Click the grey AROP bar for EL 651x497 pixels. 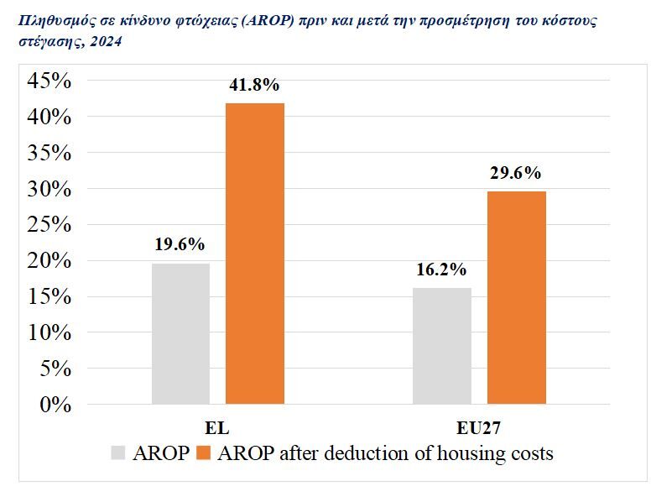tap(180, 334)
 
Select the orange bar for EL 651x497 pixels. tap(255, 254)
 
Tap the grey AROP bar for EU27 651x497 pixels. tap(442, 346)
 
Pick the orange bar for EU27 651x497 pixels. tap(516, 298)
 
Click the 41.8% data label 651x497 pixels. tap(253, 86)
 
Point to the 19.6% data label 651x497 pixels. tap(180, 245)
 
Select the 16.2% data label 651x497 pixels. tap(441, 270)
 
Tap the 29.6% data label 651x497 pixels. tap(515, 174)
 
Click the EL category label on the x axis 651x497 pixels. tap(217, 426)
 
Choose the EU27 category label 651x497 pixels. tap(479, 426)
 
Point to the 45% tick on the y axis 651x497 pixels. tap(49, 81)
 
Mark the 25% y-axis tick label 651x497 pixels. tap(49, 225)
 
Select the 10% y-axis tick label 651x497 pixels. tap(49, 332)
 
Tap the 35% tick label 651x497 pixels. tap(49, 153)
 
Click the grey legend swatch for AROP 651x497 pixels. tap(118, 453)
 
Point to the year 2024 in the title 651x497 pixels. tap(107, 42)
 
